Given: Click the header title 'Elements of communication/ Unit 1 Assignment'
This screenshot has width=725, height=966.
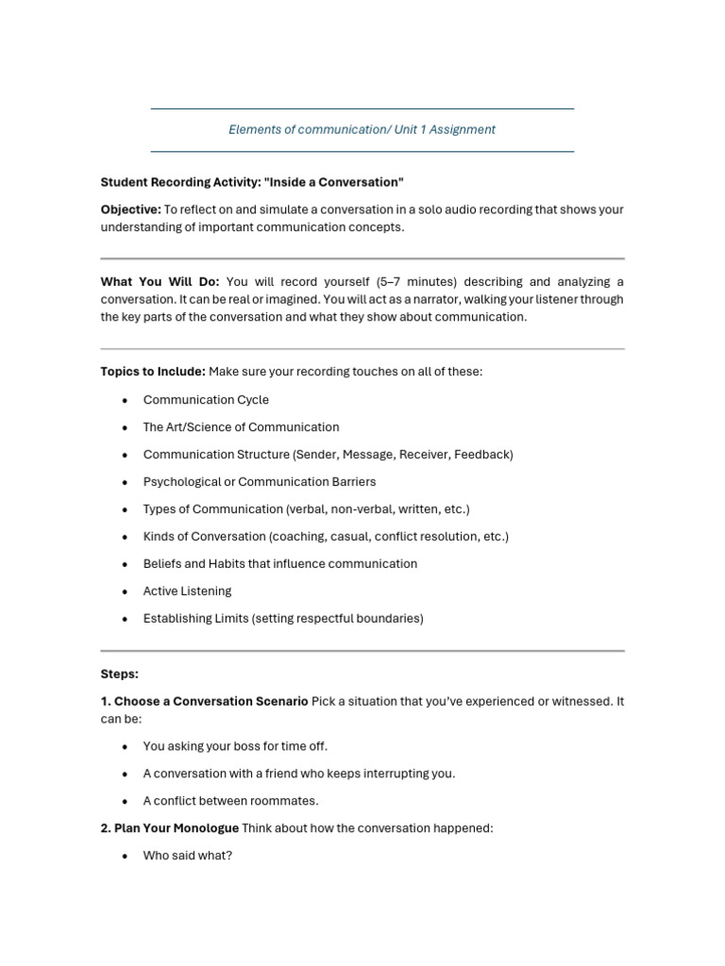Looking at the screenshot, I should [x=362, y=129].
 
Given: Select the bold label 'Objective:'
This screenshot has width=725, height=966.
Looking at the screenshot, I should [x=130, y=209].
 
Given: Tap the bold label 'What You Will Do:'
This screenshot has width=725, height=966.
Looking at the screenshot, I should [x=160, y=282].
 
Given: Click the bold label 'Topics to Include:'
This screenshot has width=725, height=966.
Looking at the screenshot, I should [x=153, y=372].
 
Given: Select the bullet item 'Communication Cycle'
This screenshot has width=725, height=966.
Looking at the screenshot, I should [x=206, y=400].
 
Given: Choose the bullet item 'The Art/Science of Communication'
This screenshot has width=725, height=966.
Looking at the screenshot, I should [x=241, y=427].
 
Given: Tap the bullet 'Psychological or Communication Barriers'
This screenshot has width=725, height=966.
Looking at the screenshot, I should [x=260, y=482].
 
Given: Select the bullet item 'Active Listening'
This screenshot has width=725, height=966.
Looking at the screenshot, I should [x=187, y=591].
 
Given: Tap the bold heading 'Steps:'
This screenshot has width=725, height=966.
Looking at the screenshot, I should [x=120, y=675].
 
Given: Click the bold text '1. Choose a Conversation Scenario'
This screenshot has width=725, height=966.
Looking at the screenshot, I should [x=204, y=702].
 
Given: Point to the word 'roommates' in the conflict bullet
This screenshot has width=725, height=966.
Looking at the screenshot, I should [x=287, y=801].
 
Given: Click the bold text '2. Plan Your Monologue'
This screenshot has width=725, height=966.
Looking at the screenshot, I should [x=170, y=828].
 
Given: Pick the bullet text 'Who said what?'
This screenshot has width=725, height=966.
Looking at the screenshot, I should [x=187, y=856].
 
